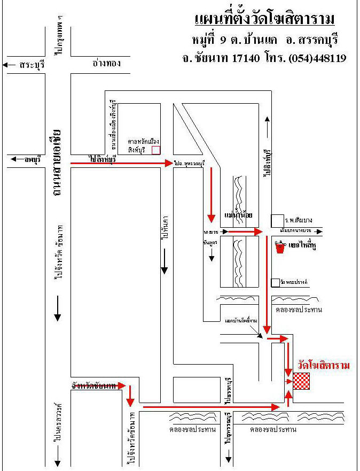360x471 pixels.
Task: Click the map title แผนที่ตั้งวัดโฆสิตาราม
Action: click(265, 20)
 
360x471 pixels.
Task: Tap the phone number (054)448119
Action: click(317, 58)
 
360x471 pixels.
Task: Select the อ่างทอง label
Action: click(107, 63)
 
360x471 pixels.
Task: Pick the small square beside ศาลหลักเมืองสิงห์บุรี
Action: click(155, 150)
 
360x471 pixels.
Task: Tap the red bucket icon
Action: click(279, 247)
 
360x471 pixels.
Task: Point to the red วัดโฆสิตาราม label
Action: click(324, 366)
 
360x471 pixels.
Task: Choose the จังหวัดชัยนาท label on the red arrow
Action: click(93, 385)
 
